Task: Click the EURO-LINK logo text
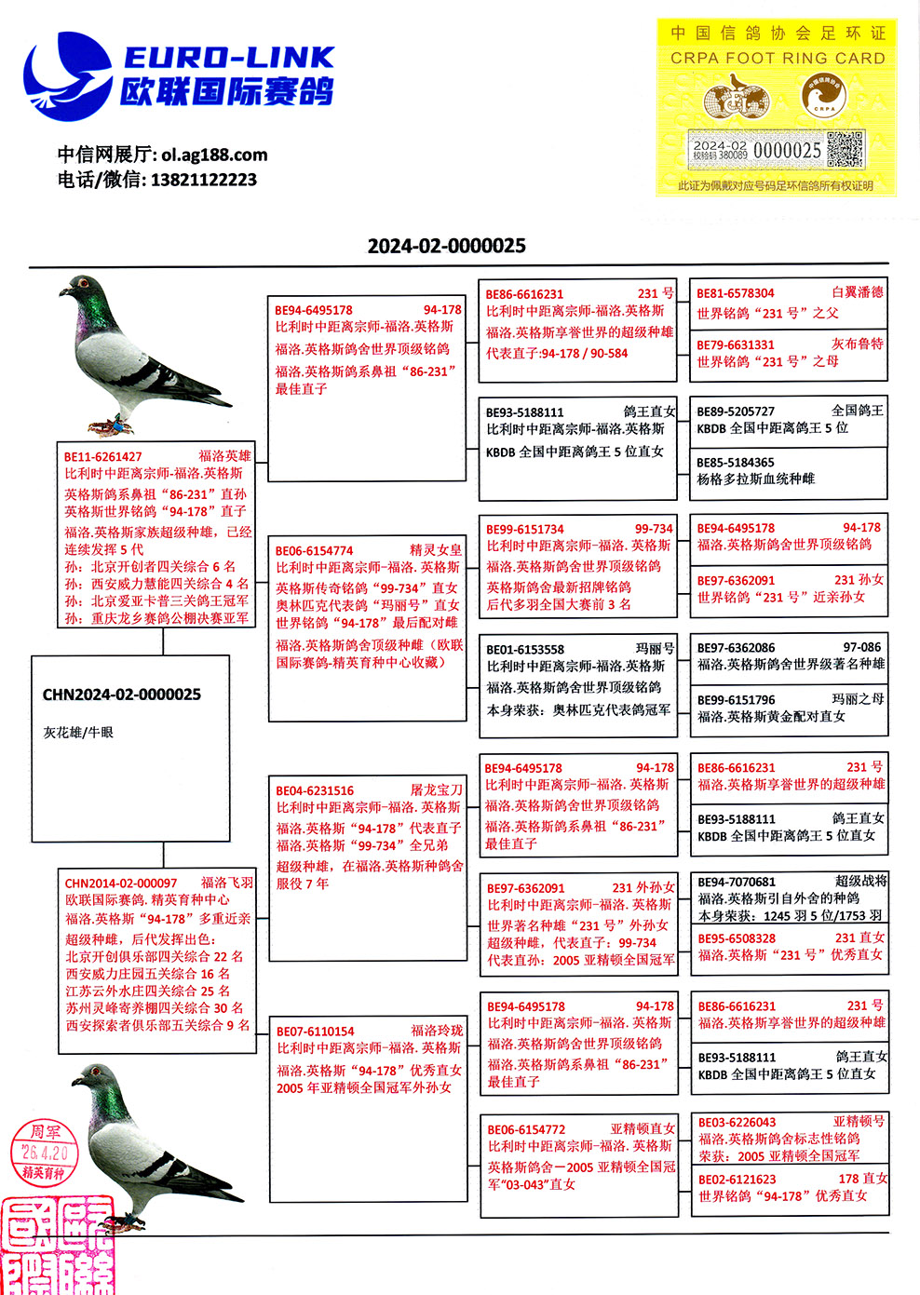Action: pos(227,58)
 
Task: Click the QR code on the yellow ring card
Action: pos(845,150)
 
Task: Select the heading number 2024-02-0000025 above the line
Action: pos(446,246)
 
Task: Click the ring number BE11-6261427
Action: pos(103,456)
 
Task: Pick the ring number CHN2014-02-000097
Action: pos(121,883)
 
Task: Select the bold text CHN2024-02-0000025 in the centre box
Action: pos(122,695)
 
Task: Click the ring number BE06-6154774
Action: pos(314,550)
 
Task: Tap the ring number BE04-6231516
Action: pos(315,790)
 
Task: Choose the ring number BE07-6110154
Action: pos(315,1031)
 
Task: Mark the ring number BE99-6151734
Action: pos(524,529)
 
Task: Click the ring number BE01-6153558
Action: pos(524,649)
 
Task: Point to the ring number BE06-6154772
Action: pos(526,1129)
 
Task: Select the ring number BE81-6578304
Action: pos(736,293)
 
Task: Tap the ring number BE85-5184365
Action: pos(736,462)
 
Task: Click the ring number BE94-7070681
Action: pos(737,882)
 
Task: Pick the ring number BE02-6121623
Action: pos(737,1179)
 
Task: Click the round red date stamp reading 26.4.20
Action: pos(44,1152)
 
